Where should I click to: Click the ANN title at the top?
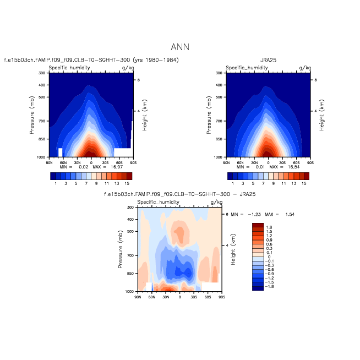click(x=180, y=48)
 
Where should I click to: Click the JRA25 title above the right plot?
click(x=268, y=59)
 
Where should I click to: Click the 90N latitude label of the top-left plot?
click(x=49, y=163)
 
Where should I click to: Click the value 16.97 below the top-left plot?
click(x=107, y=167)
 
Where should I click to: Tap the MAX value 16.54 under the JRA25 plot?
click(x=285, y=167)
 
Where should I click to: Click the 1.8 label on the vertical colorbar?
click(x=269, y=227)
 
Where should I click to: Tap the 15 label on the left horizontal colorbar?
click(x=127, y=183)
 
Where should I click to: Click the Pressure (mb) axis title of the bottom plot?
click(x=121, y=249)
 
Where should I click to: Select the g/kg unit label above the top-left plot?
click(x=128, y=68)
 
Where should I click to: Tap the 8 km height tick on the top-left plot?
click(x=138, y=80)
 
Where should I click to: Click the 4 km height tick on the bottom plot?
click(x=227, y=245)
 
